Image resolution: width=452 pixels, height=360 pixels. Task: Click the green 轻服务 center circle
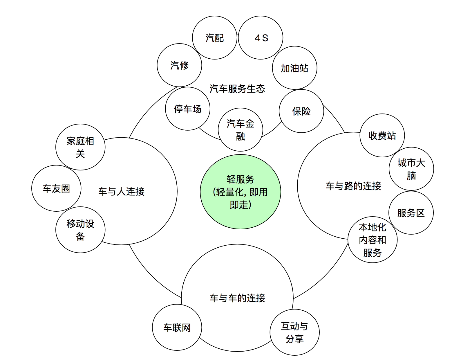click(x=240, y=192)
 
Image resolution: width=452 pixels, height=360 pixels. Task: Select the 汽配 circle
click(x=215, y=38)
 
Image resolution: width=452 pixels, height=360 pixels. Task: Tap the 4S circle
click(x=261, y=38)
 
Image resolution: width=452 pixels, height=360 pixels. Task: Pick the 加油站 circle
click(x=294, y=68)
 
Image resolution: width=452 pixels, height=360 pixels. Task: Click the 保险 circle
click(x=301, y=111)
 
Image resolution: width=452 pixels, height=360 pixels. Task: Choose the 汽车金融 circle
click(x=240, y=129)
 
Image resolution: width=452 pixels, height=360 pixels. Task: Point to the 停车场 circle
click(x=187, y=109)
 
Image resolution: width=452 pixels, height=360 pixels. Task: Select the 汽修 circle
click(x=179, y=65)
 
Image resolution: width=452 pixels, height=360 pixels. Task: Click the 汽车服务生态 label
click(x=237, y=89)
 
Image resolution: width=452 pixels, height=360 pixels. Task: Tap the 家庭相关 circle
click(x=80, y=147)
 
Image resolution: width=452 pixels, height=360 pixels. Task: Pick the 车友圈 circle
click(x=56, y=188)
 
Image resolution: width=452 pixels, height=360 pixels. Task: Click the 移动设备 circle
click(x=80, y=230)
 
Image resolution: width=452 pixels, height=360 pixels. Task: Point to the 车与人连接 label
click(x=121, y=191)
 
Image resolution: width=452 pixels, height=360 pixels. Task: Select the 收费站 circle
click(x=382, y=136)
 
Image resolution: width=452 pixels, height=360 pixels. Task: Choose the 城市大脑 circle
click(x=411, y=169)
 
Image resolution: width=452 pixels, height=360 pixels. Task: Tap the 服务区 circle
click(x=411, y=213)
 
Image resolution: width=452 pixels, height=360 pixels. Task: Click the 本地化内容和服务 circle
click(x=373, y=240)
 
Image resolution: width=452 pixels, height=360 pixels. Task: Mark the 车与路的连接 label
click(x=353, y=186)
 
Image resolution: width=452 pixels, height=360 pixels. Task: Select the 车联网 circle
click(x=177, y=327)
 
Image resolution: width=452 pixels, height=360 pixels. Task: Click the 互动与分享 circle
click(x=294, y=332)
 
